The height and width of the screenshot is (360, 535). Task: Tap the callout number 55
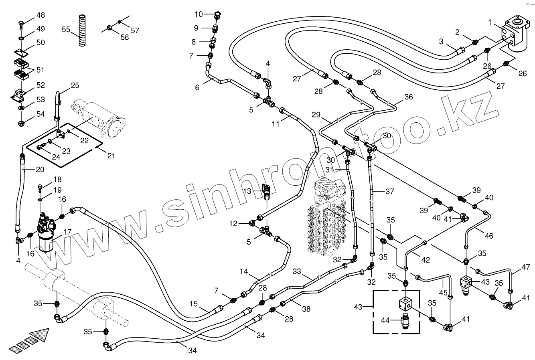pos(66,29)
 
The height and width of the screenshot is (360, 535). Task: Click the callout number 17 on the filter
pos(67,232)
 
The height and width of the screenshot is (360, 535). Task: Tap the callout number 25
pos(75,85)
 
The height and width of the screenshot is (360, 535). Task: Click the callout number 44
pos(385,320)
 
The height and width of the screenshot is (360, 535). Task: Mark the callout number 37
pos(390,192)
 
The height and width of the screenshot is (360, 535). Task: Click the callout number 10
pos(199,14)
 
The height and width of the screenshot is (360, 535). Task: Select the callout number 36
pos(408,97)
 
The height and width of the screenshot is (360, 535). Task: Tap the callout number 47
pos(526,267)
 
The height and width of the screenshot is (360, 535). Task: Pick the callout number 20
pos(40,169)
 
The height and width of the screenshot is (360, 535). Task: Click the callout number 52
pos(41,85)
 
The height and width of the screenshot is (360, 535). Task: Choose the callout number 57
pos(135,30)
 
